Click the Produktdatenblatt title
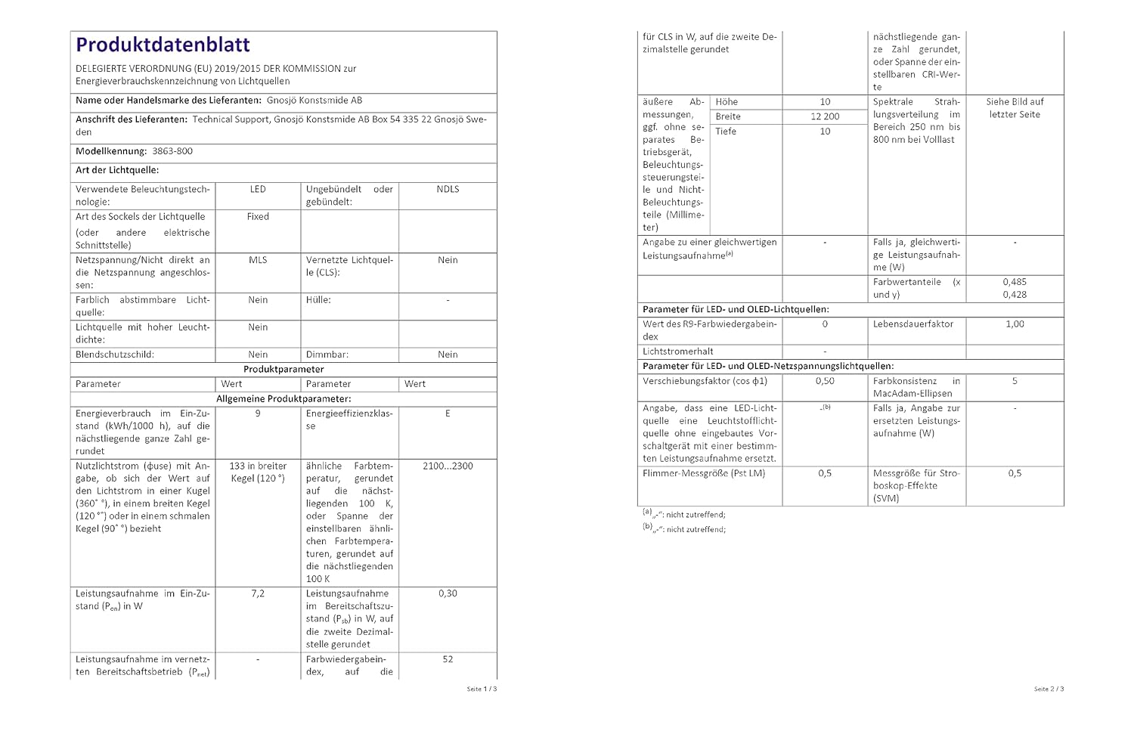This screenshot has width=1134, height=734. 163,45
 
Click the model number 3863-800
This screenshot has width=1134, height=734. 172,151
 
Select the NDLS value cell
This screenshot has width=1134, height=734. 448,190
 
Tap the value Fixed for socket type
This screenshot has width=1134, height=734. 258,217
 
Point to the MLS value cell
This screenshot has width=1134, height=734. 258,260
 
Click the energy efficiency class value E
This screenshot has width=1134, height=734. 448,414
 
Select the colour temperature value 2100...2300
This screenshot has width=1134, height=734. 448,466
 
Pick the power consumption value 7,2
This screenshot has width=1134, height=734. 258,594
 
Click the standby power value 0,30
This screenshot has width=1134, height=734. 448,594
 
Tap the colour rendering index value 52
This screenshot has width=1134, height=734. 448,660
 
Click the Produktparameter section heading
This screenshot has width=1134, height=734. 283,370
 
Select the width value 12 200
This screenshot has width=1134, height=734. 825,116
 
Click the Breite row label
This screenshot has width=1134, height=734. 728,116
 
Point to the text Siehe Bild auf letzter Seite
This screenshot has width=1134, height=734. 1015,108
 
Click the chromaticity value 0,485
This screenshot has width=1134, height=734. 1015,282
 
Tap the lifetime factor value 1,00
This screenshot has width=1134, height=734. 1015,324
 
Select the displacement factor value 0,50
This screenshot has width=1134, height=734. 825,382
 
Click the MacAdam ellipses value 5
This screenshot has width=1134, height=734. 1015,382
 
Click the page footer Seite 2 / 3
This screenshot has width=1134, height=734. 1049,689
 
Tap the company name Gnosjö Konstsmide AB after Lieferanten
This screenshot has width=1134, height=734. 314,101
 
